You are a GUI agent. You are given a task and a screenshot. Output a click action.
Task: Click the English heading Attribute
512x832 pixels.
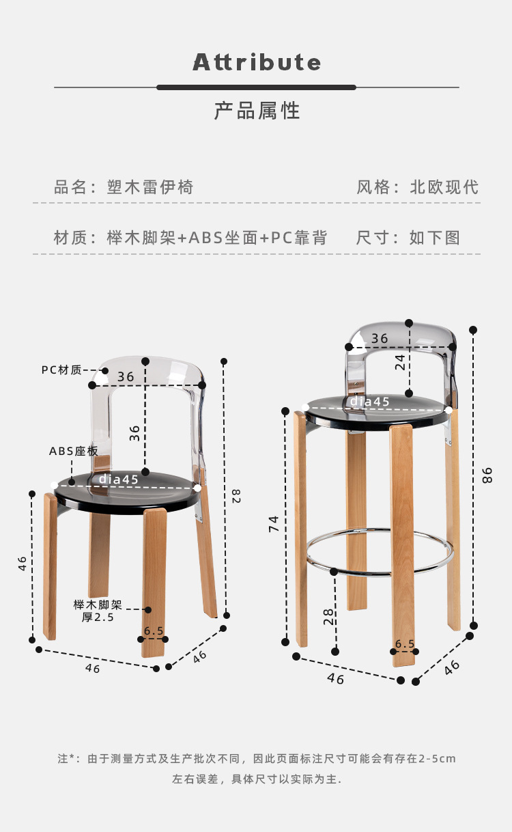[x=257, y=63]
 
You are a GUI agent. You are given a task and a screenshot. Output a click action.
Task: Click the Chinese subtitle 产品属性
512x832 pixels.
[x=257, y=111]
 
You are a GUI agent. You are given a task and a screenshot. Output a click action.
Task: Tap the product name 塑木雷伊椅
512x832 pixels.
[x=150, y=187]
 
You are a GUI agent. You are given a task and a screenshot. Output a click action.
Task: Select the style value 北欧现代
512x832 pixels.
[x=444, y=187]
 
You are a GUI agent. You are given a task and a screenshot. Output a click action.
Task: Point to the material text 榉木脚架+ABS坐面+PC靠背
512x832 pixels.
[x=217, y=238]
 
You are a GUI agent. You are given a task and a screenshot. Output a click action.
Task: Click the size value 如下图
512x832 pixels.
[x=434, y=238]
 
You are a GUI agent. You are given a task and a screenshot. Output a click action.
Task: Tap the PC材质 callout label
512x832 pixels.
[x=61, y=370]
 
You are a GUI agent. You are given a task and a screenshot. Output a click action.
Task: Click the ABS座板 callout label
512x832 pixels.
[x=73, y=452]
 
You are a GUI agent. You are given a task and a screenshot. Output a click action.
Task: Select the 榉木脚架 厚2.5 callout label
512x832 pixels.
[x=98, y=611]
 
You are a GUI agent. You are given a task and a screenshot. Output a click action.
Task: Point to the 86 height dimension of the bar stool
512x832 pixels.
[x=487, y=475]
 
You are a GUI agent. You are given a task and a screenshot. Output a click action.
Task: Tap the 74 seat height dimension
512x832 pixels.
[x=274, y=524]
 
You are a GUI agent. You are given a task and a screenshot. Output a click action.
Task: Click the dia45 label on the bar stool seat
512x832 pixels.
[x=370, y=402]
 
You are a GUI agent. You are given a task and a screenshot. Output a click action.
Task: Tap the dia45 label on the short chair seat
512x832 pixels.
[x=119, y=480]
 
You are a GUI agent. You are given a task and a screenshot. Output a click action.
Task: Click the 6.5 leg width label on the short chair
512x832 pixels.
[x=154, y=631]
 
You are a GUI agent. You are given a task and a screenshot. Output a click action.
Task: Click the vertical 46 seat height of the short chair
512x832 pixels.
[x=23, y=563]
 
